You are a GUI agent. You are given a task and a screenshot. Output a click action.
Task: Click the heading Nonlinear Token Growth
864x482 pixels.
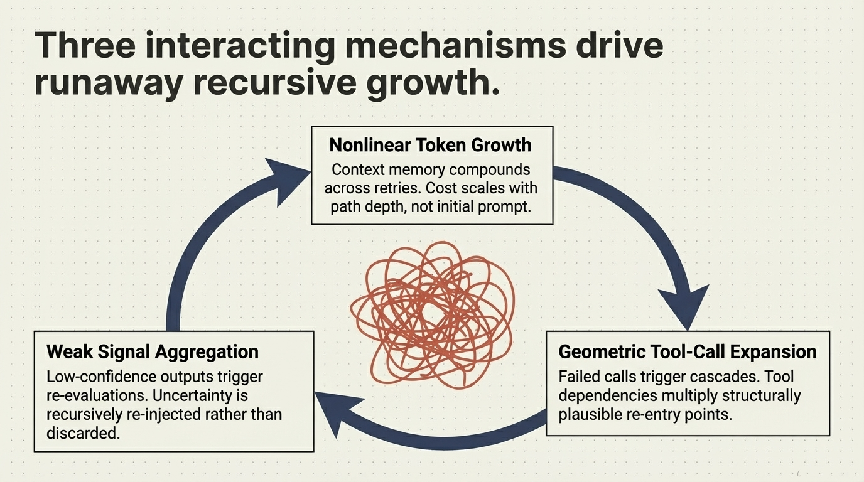click(431, 145)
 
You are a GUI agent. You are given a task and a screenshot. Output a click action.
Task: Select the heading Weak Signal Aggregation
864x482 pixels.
click(152, 351)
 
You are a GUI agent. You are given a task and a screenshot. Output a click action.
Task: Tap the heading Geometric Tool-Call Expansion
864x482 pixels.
click(688, 351)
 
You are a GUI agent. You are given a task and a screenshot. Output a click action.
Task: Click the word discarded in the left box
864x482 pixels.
click(82, 433)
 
